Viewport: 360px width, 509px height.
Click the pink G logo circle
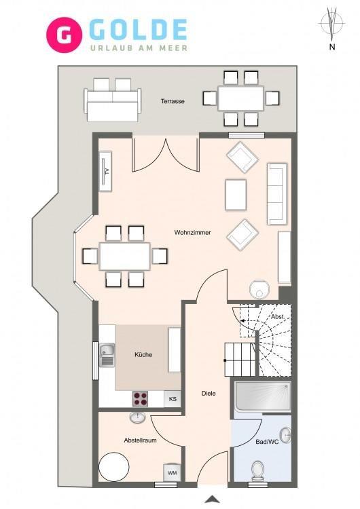click(x=65, y=35)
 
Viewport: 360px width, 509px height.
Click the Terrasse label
click(x=173, y=101)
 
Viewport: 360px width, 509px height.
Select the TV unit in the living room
click(x=105, y=172)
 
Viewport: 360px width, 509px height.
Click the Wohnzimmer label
click(x=192, y=232)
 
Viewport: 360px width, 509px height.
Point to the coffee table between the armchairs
click(x=236, y=195)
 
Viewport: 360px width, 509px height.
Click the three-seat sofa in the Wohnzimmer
click(x=278, y=194)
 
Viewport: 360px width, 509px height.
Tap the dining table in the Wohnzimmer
click(x=125, y=256)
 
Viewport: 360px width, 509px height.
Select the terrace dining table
click(x=240, y=98)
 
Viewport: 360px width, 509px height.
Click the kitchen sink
click(x=107, y=355)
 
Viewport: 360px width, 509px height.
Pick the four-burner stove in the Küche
click(x=141, y=398)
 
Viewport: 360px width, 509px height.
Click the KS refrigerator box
click(x=173, y=398)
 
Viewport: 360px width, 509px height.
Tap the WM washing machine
click(x=172, y=472)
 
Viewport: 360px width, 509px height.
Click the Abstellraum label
click(x=140, y=440)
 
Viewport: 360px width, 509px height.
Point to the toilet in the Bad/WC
click(x=258, y=470)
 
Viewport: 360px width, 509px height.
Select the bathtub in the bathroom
click(x=263, y=397)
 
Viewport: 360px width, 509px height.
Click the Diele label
click(x=209, y=394)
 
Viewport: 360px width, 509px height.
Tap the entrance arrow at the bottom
click(x=212, y=499)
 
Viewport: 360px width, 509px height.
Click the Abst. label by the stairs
click(x=278, y=317)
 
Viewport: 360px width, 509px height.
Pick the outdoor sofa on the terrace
click(x=113, y=100)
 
